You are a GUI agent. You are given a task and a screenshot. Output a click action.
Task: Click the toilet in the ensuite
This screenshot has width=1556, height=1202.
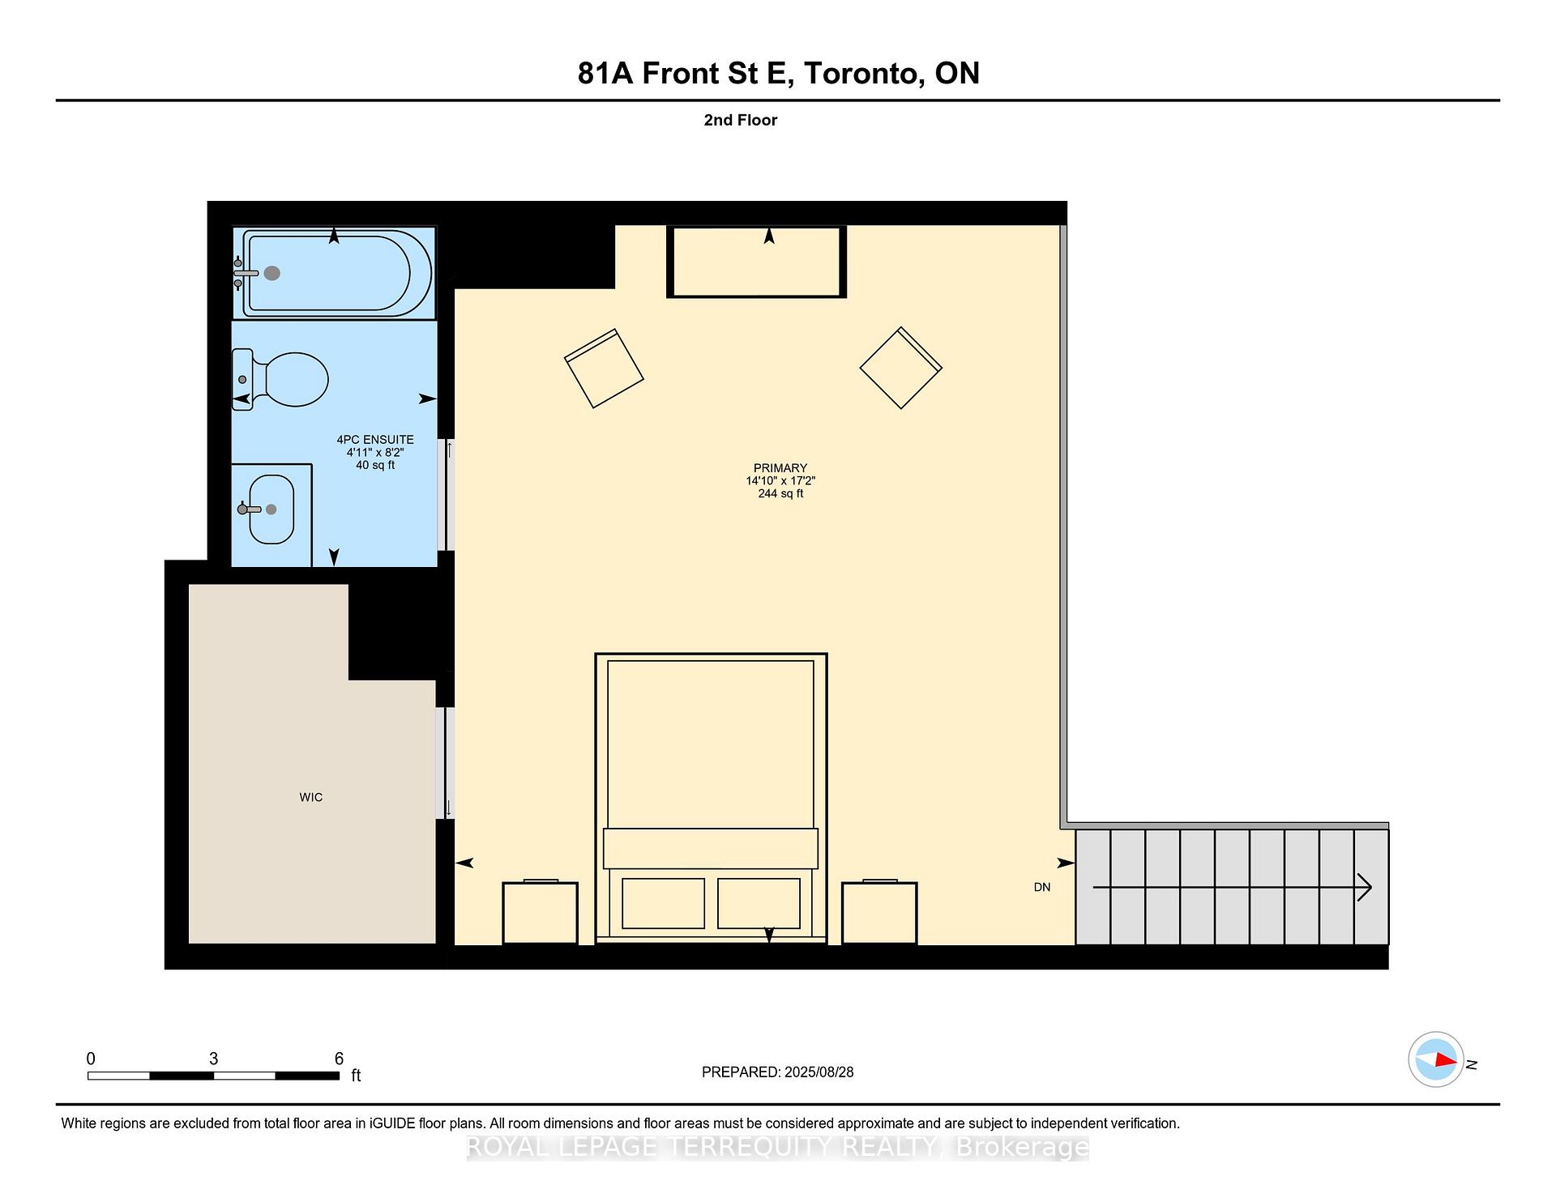coord(288,379)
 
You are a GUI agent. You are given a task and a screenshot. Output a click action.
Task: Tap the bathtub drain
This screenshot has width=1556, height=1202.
coord(272,274)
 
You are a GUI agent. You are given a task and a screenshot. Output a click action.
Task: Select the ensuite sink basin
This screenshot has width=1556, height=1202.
coord(271,509)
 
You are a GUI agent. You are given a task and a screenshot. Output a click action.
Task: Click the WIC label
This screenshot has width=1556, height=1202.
coord(310,798)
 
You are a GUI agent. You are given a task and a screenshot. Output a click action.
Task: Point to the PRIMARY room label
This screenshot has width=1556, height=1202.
coord(780,468)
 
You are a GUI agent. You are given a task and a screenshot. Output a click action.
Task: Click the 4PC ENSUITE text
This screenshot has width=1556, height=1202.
coord(375,440)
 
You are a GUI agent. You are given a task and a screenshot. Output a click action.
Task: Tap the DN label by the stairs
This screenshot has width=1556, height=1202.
coord(1041,888)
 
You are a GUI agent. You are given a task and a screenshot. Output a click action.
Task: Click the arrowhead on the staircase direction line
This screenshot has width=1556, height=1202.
coord(1365,888)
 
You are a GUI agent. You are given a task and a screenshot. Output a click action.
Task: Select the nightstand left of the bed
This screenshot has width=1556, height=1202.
coord(540,913)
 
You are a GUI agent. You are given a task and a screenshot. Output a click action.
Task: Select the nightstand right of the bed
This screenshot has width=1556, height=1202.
coord(878,913)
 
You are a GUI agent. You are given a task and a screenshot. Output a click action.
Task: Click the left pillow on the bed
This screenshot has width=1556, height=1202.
coord(663,903)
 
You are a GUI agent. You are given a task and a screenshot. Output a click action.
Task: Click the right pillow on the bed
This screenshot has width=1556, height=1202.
coord(759,903)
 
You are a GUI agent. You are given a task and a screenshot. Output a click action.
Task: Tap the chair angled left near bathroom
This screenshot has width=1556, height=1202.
coord(604,369)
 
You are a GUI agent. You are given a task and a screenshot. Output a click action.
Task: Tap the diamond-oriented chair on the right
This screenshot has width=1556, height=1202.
coord(900,368)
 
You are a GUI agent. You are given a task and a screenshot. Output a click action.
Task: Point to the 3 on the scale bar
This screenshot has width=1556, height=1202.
coord(213,1059)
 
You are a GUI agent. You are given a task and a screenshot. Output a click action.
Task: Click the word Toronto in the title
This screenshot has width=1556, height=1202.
coord(864,74)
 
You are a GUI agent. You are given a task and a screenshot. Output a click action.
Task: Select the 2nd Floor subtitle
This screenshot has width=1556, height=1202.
coord(740,120)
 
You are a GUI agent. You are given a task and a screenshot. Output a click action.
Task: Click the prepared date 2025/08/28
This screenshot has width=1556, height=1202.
coord(819,1072)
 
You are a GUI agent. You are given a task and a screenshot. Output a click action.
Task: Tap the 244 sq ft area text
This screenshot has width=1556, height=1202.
coord(780,493)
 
